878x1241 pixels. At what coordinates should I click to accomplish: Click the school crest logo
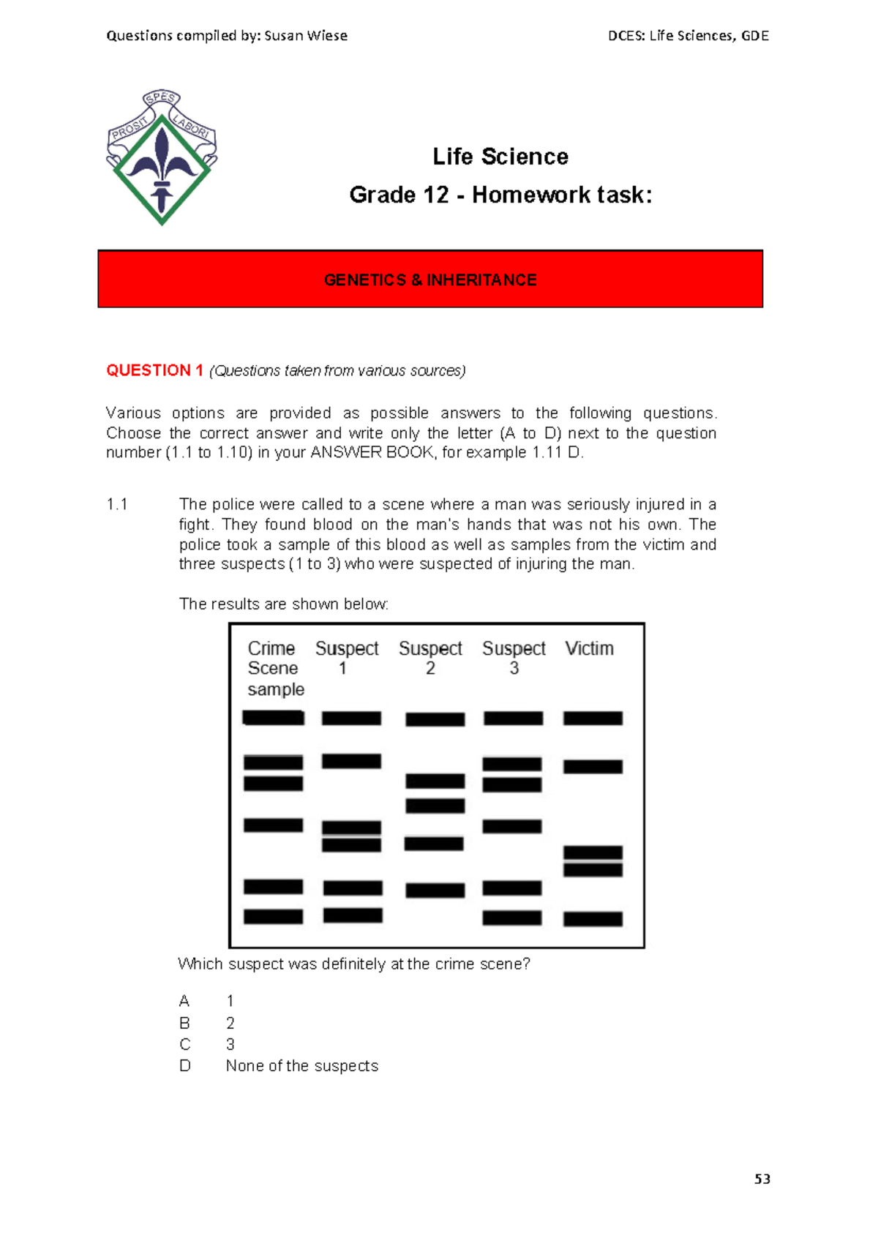162,157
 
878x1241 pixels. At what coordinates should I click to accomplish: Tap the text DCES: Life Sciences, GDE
688,36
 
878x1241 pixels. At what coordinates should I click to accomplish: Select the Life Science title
500,157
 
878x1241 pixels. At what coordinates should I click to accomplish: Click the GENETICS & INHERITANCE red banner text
430,280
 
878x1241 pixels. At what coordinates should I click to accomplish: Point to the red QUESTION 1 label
154,370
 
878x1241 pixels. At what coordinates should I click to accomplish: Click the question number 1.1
117,504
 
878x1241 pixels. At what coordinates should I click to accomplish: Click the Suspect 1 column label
346,657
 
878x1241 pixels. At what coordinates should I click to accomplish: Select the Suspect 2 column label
430,657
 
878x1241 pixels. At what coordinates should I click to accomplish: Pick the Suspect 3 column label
514,657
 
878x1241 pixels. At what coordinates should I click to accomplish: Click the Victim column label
589,648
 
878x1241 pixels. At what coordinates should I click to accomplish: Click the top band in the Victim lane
593,719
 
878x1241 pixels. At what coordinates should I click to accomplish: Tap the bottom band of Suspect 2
435,891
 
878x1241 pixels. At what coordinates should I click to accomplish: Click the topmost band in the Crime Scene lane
273,718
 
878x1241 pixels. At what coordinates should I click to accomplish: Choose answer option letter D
185,1066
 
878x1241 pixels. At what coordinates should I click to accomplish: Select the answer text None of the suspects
302,1066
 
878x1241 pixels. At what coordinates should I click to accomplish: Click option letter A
184,1001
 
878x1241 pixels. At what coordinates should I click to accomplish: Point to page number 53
762,1179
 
